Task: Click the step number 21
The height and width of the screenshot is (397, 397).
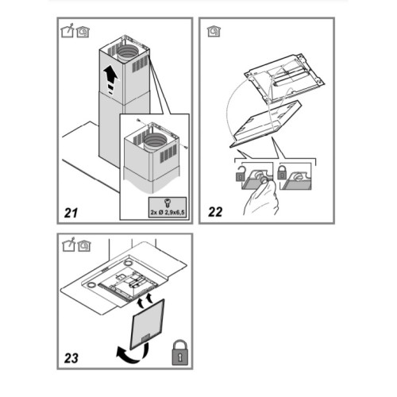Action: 71,213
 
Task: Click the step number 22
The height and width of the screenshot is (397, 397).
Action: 215,212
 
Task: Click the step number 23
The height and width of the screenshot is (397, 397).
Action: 71,358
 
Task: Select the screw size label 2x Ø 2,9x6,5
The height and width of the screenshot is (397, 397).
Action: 168,212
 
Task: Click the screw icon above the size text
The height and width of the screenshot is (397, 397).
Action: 167,203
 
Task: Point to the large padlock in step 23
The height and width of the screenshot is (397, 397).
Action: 180,353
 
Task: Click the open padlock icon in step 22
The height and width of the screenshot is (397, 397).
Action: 240,174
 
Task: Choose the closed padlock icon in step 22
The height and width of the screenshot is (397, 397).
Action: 282,172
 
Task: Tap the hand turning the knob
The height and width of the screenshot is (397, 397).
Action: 260,197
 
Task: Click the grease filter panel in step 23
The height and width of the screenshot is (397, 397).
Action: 147,324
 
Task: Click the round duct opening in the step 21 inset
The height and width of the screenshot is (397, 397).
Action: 156,141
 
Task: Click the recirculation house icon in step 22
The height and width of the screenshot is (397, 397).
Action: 214,32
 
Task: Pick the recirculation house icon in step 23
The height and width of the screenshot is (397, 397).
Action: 84,246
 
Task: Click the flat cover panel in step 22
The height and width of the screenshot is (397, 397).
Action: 265,124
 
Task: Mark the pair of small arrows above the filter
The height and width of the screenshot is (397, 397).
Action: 145,300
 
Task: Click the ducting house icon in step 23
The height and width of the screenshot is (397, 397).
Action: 69,245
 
